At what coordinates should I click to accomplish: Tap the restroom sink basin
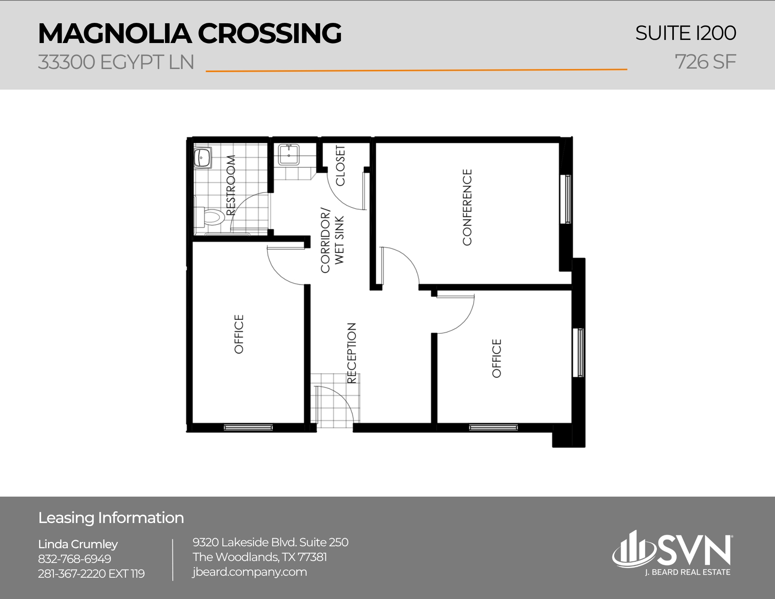(202, 157)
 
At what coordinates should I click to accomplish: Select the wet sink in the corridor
(289, 155)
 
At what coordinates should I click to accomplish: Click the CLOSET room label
(340, 166)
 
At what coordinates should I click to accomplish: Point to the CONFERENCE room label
(467, 207)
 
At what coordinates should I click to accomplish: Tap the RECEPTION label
(351, 353)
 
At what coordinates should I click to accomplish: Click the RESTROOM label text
(231, 185)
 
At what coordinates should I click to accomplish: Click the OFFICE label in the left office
(239, 334)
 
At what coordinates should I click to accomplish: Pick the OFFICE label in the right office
(497, 358)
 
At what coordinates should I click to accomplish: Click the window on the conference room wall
(568, 199)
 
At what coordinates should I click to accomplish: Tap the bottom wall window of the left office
(248, 428)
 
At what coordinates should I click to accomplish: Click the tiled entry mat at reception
(335, 399)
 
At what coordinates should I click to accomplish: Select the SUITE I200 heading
(685, 33)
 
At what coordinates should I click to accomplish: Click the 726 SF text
(705, 62)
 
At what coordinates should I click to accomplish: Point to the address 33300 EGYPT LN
(116, 62)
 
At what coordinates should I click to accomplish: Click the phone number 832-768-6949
(74, 559)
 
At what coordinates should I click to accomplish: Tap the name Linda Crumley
(78, 544)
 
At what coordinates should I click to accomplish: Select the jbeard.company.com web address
(250, 572)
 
